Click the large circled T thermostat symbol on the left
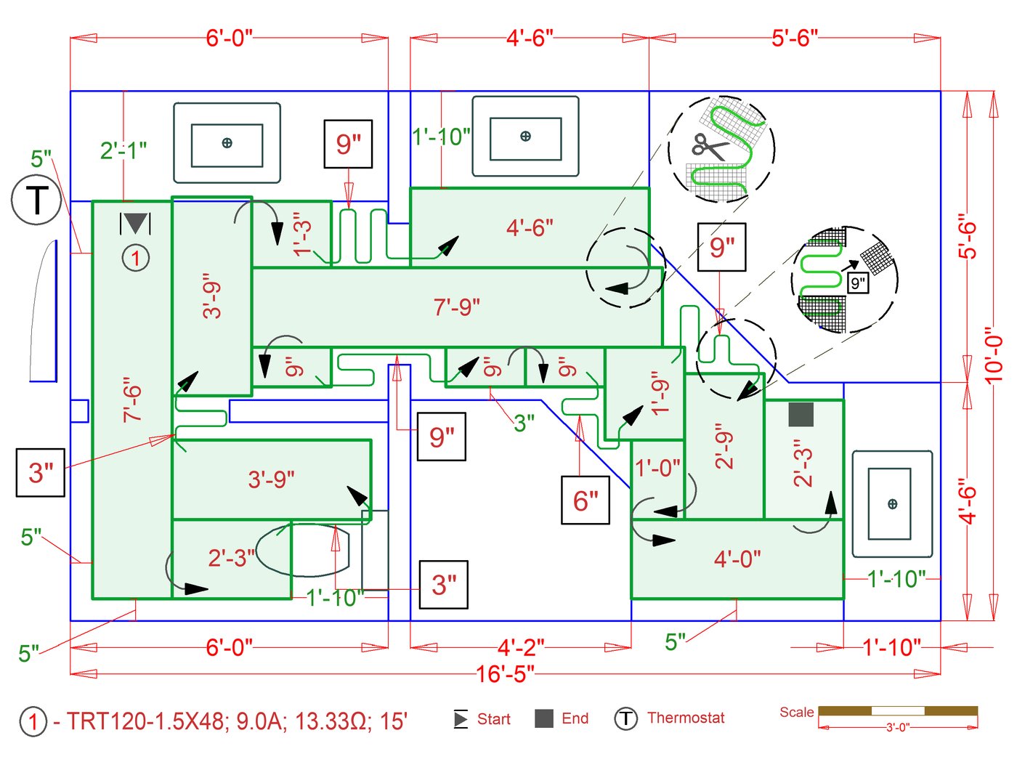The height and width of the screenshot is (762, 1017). [36, 199]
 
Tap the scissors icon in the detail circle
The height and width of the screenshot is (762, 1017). [709, 147]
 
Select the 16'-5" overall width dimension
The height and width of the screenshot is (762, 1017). [505, 674]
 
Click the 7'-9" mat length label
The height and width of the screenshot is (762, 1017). [457, 307]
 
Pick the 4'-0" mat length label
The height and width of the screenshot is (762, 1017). [737, 559]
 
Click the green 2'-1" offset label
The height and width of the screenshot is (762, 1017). [123, 150]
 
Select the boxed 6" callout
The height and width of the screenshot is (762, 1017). [586, 500]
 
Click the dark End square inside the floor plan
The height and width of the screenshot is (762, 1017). [801, 415]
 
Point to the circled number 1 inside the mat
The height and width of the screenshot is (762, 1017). [135, 258]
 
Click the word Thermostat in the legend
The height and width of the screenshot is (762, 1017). [686, 718]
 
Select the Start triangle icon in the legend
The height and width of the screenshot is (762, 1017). [461, 719]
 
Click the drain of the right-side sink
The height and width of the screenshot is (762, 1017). [892, 504]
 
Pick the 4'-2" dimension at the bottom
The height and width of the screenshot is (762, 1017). [521, 647]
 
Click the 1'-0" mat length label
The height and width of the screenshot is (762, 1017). [658, 468]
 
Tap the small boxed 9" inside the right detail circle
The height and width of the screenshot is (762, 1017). [858, 283]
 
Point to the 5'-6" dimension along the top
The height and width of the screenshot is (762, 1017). [795, 38]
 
